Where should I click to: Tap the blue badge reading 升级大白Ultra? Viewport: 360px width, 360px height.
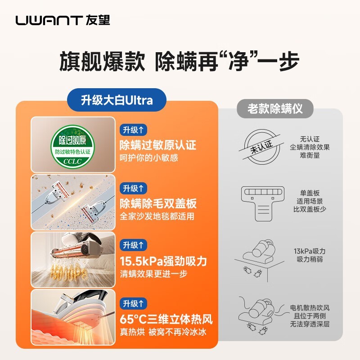coord(117,100)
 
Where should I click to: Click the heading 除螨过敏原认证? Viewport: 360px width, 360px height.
coord(157,145)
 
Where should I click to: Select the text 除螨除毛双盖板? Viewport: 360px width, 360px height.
coord(157,203)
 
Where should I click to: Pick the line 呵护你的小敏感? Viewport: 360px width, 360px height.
coord(149,158)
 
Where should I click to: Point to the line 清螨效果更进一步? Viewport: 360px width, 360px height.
coord(153,274)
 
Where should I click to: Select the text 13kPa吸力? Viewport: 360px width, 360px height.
coord(310,251)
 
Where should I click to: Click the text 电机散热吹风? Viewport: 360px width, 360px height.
coord(310,308)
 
